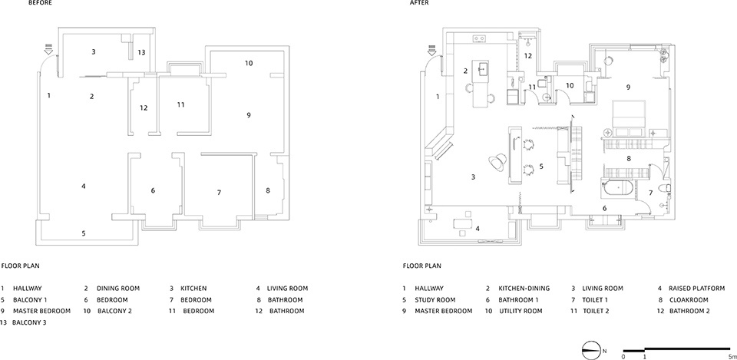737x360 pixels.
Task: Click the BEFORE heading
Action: click(41, 3)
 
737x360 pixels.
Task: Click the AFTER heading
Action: click(419, 3)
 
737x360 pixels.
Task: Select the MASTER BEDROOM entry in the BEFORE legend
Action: click(41, 311)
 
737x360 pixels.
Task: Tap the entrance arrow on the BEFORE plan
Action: click(48, 49)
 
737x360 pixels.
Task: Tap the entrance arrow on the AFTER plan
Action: click(432, 49)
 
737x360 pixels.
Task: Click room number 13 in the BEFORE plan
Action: click(141, 53)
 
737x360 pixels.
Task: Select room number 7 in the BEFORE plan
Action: click(219, 192)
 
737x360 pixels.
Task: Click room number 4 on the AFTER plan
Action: click(478, 229)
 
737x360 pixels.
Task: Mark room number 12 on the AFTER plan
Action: click(528, 56)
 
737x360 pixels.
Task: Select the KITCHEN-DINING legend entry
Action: click(524, 289)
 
